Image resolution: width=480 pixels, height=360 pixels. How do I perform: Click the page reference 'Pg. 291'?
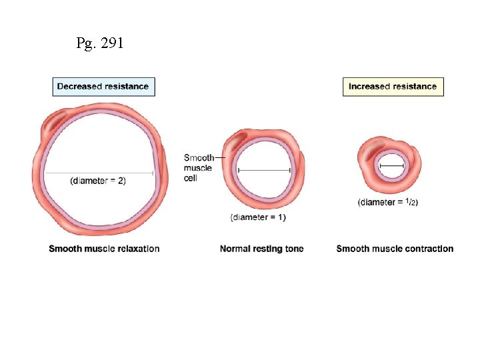pos(99,44)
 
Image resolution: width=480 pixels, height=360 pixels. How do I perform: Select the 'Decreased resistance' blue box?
pos(103,87)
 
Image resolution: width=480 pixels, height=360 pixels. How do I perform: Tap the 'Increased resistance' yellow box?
pos(393,87)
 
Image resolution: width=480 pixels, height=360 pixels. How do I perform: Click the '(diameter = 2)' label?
pos(97,181)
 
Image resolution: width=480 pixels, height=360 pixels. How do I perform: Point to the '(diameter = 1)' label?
pos(258,217)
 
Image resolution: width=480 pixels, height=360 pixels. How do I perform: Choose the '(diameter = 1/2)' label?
pos(388,201)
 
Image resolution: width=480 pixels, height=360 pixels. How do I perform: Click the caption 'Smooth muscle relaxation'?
pos(104,249)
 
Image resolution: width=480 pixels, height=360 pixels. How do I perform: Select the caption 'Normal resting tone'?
pos(261,249)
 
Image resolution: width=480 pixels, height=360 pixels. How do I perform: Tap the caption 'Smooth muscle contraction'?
pos(395,249)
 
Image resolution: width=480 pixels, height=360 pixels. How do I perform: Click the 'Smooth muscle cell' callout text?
pos(198,167)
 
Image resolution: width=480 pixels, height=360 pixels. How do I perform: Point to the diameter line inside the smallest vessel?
pos(391,165)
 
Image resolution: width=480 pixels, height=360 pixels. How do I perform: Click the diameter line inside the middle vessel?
pos(263,171)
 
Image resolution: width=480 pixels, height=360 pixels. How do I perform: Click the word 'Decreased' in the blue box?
pos(79,87)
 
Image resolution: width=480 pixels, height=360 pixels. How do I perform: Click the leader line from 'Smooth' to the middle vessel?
pos(221,157)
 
